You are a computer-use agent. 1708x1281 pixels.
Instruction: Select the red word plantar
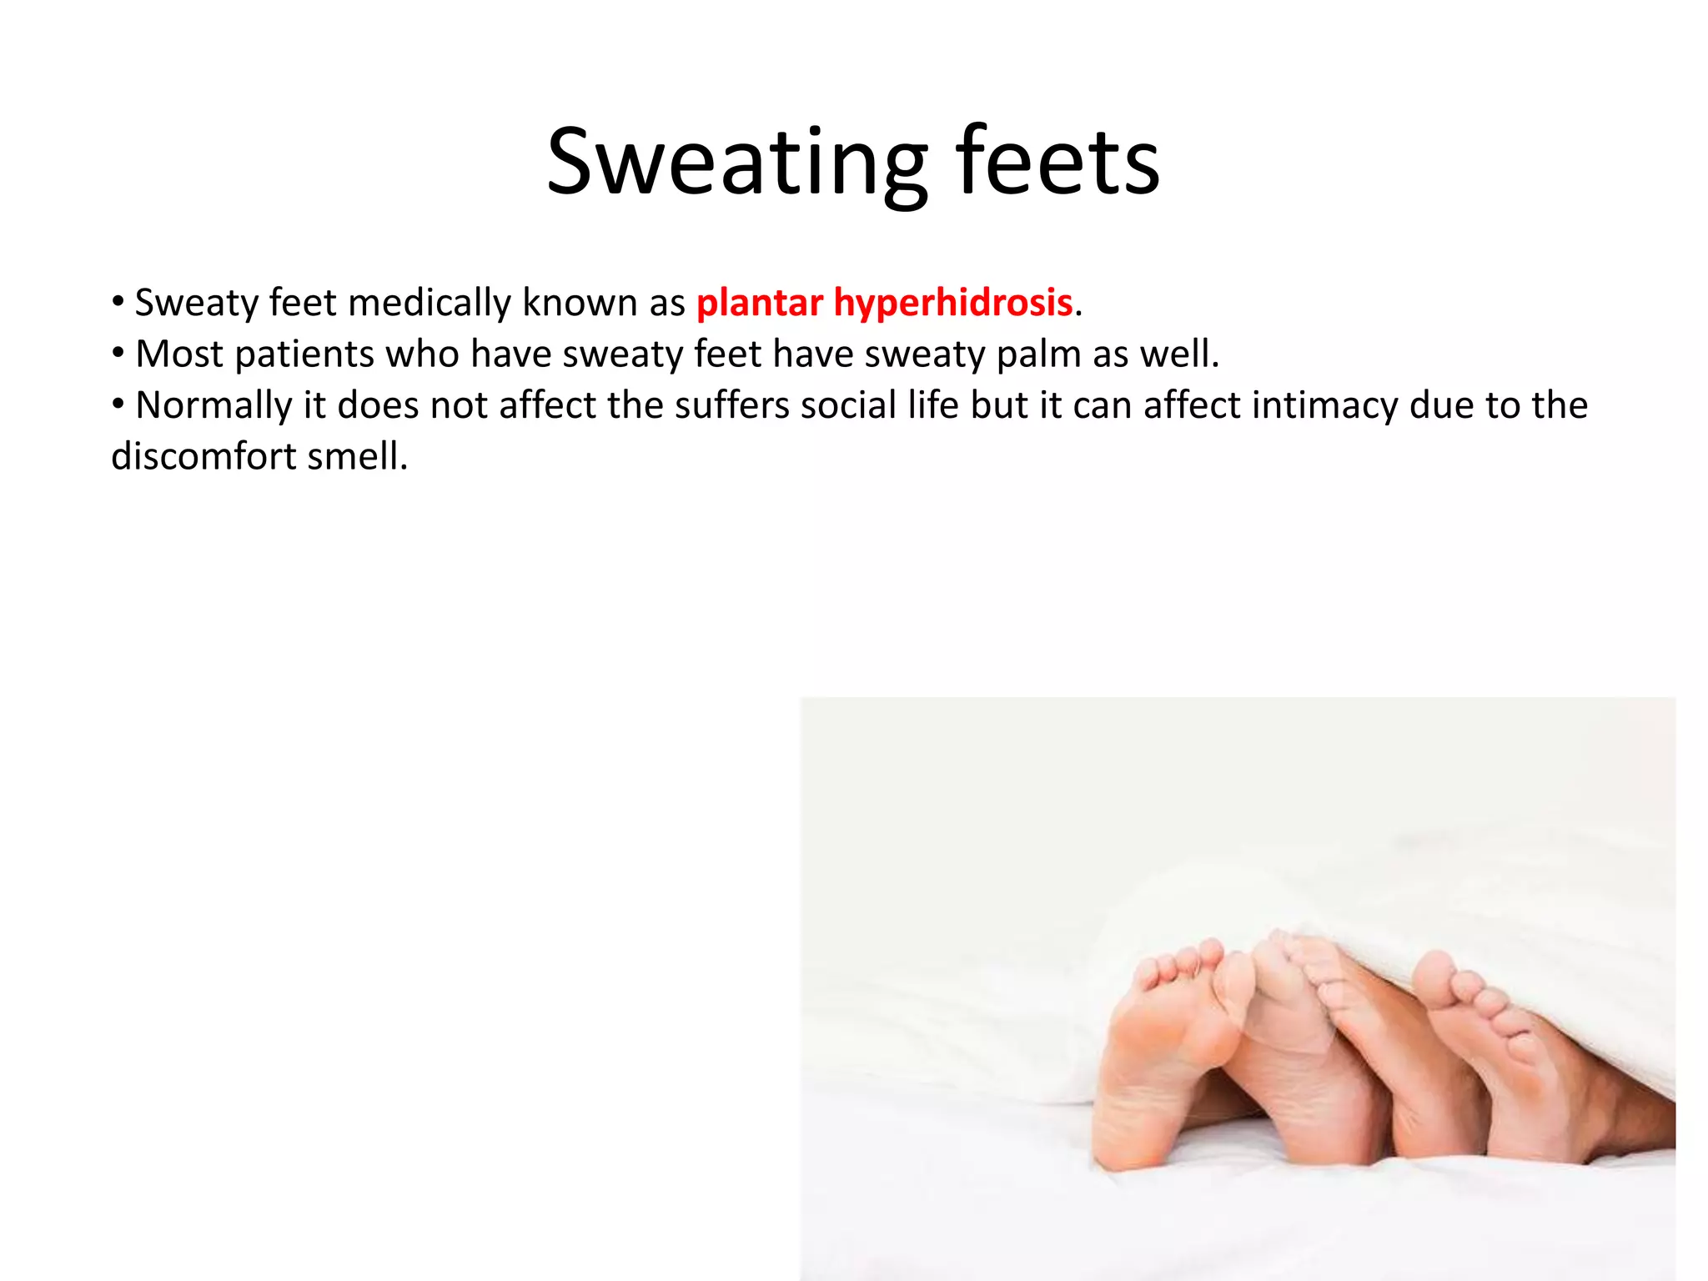[x=760, y=303]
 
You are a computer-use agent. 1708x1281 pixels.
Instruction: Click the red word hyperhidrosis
[x=952, y=303]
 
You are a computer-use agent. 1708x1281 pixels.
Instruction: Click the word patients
[x=304, y=354]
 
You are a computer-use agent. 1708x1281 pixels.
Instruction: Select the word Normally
[x=213, y=406]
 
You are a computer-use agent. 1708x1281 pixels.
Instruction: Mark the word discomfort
[x=203, y=457]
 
